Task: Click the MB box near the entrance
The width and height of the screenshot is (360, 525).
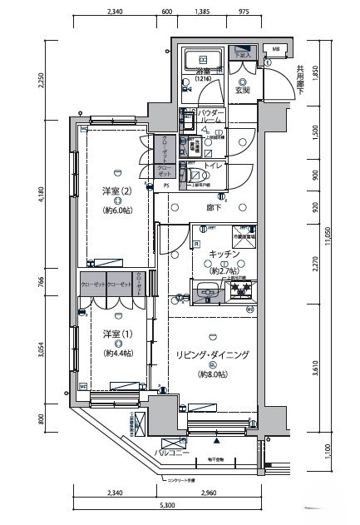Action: pos(277,50)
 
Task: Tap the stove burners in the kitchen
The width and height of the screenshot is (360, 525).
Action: pos(240,290)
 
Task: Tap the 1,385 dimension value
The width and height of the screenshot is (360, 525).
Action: pos(203,12)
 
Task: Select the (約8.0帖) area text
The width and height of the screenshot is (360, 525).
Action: pos(213,375)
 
